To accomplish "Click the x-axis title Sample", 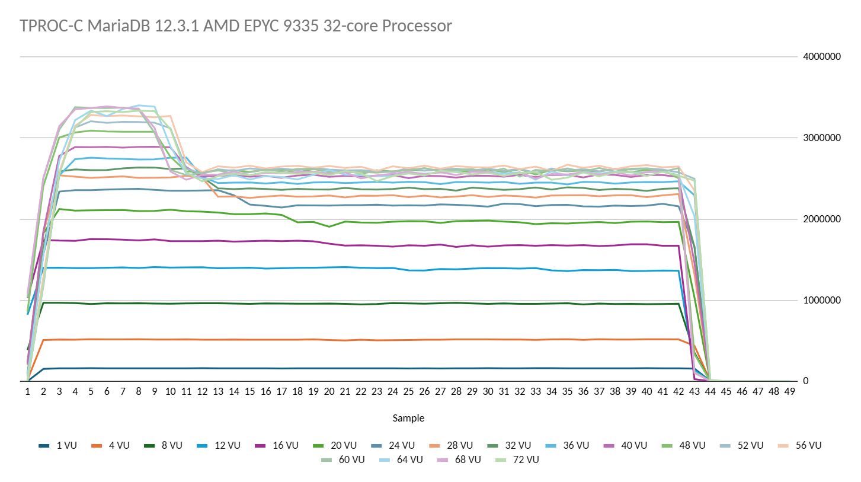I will click(x=408, y=418).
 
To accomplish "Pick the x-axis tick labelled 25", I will click(x=408, y=392).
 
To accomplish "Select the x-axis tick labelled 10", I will click(x=170, y=392).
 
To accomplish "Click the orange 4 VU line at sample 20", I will click(x=329, y=340).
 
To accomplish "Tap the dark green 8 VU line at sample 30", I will click(x=488, y=304).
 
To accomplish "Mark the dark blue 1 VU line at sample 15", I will click(x=249, y=368).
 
